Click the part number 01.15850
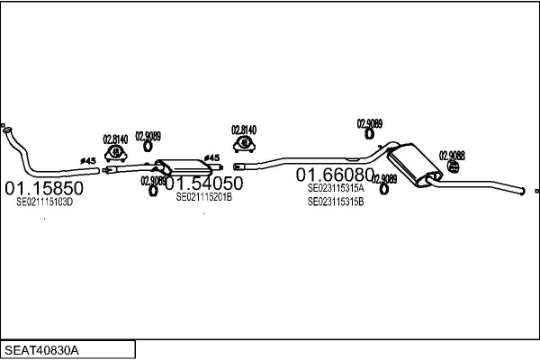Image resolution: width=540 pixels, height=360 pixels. click(44, 188)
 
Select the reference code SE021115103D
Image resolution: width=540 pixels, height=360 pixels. click(44, 202)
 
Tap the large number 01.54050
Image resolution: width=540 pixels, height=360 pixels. click(203, 184)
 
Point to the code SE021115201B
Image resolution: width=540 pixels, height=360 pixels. click(203, 197)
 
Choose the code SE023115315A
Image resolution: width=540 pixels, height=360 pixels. click(336, 189)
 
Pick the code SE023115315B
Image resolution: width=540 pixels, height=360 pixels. click(336, 202)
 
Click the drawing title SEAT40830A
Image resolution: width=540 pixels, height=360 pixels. click(42, 349)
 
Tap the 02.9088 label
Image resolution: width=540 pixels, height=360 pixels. click(452, 155)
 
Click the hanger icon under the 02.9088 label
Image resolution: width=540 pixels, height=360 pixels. click(454, 165)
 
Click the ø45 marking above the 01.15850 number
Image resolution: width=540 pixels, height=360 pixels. click(88, 161)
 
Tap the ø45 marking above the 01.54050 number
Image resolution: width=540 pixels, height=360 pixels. click(212, 157)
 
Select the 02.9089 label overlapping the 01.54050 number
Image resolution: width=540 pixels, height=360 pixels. click(153, 181)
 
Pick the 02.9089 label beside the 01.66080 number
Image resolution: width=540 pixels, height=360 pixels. click(384, 179)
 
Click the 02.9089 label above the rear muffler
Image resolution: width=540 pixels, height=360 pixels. click(369, 123)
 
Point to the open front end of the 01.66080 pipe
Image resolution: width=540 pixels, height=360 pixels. click(237, 166)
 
